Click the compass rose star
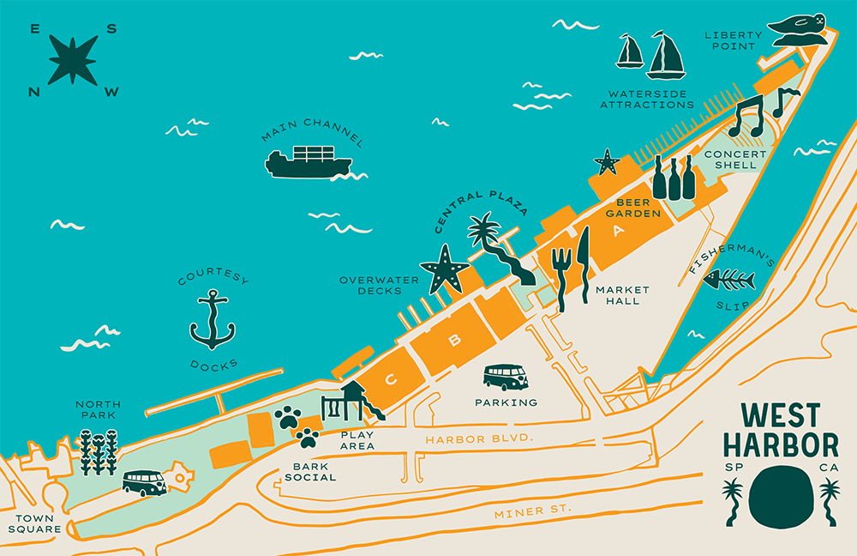click(73, 60)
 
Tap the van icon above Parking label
click(506, 377)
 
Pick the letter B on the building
click(455, 340)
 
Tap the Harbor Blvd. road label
click(480, 438)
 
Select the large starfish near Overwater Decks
click(444, 269)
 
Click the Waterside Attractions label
click(646, 99)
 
